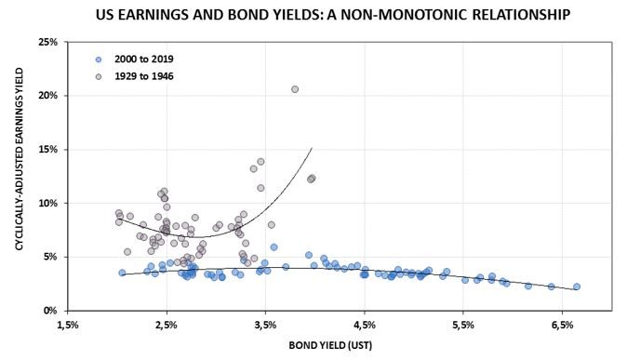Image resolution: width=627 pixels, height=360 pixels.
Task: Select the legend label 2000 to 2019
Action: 143,59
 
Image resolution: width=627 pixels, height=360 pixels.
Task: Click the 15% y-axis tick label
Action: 47,149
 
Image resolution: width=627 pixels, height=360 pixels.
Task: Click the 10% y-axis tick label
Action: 47,203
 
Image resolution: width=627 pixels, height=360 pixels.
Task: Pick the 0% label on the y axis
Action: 50,310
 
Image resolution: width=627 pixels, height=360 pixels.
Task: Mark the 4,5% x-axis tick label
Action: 365,326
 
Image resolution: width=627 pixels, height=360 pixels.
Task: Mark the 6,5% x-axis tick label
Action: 562,326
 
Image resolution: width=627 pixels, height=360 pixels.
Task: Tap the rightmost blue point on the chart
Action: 577,287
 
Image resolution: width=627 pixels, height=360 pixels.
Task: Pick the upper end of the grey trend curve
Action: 312,148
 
